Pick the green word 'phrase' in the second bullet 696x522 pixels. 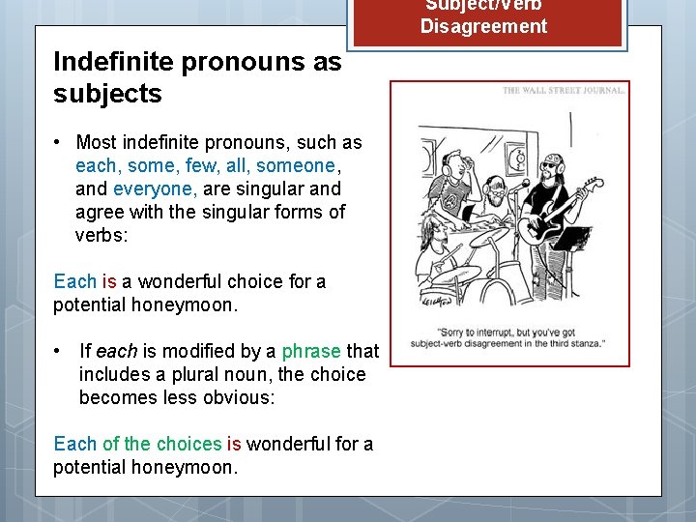311,351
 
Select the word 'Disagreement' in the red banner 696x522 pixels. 483,26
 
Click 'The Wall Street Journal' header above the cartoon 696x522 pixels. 564,91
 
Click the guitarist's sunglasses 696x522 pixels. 550,165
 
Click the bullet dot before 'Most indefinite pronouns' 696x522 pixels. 60,143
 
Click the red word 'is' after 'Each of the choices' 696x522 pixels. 234,444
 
